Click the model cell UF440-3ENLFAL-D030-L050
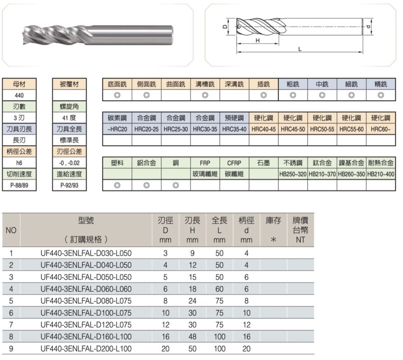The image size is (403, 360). tap(86, 253)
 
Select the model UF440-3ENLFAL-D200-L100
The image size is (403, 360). tap(86, 349)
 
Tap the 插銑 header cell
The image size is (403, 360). tap(263, 84)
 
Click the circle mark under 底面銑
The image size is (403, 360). tap(117, 95)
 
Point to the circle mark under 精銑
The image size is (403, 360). tap(381, 95)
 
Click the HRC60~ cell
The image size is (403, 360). tap(381, 129)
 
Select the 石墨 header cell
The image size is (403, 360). tap(263, 162)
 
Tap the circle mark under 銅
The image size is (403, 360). tap(176, 185)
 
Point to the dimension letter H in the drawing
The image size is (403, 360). tap(258, 40)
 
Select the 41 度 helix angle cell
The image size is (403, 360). tap(69, 118)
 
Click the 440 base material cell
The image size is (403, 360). tap(19, 95)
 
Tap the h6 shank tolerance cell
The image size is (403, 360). tap(19, 162)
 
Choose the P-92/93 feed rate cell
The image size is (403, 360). tap(69, 185)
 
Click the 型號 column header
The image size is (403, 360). tap(86, 221)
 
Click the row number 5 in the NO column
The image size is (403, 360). tap(11, 301)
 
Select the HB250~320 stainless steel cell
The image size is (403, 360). tap(293, 174)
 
